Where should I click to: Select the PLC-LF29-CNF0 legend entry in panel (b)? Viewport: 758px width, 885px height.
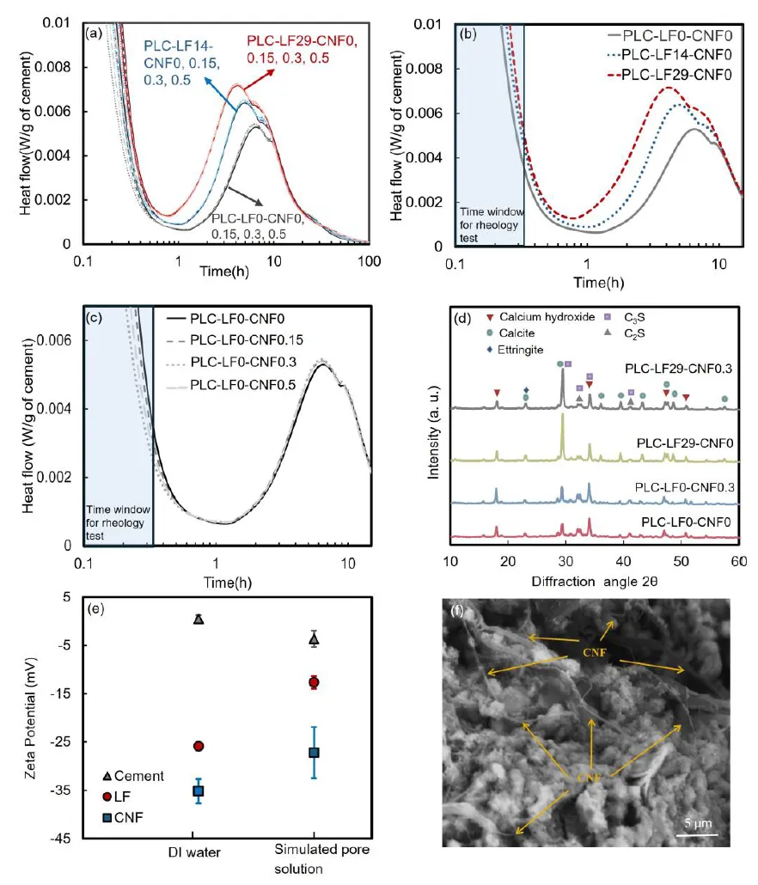click(668, 75)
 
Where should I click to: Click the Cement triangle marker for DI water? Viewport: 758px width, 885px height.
click(199, 619)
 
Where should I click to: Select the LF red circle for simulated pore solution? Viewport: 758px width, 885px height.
click(315, 682)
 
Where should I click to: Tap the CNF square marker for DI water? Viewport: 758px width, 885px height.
click(199, 790)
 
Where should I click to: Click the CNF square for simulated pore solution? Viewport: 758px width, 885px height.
click(315, 753)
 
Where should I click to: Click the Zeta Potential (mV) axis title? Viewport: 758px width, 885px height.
click(31, 724)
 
